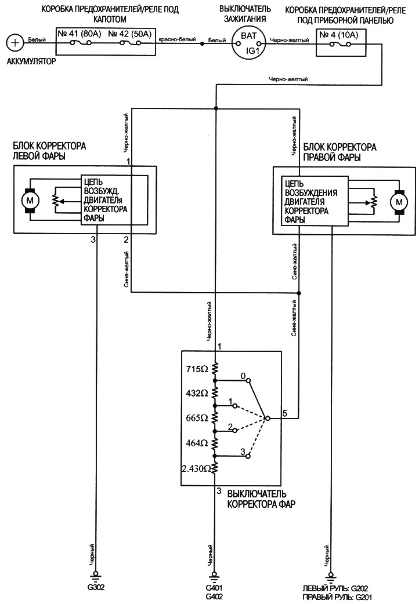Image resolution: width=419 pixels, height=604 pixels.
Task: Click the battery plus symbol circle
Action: [15, 42]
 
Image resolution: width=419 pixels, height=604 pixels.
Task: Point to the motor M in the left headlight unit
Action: [28, 201]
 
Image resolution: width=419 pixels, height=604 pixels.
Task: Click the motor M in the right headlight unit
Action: [399, 202]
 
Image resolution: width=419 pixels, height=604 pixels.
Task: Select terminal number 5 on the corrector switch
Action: [284, 413]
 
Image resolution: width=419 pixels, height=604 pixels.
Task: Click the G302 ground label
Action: [96, 586]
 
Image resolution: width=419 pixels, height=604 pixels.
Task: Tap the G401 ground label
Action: [214, 588]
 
